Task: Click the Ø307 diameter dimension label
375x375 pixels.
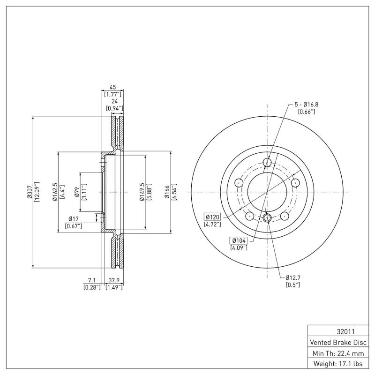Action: click(x=30, y=193)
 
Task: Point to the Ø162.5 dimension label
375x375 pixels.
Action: click(x=55, y=192)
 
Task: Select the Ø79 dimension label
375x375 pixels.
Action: click(x=77, y=192)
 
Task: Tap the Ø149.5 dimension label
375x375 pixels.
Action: click(x=141, y=192)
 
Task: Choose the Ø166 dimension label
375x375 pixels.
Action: click(x=166, y=192)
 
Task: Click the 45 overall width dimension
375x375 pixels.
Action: click(x=112, y=87)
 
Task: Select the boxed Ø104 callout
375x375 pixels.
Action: click(x=239, y=240)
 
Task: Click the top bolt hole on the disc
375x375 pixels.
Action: click(x=267, y=163)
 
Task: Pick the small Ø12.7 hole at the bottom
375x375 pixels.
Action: click(x=267, y=217)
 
